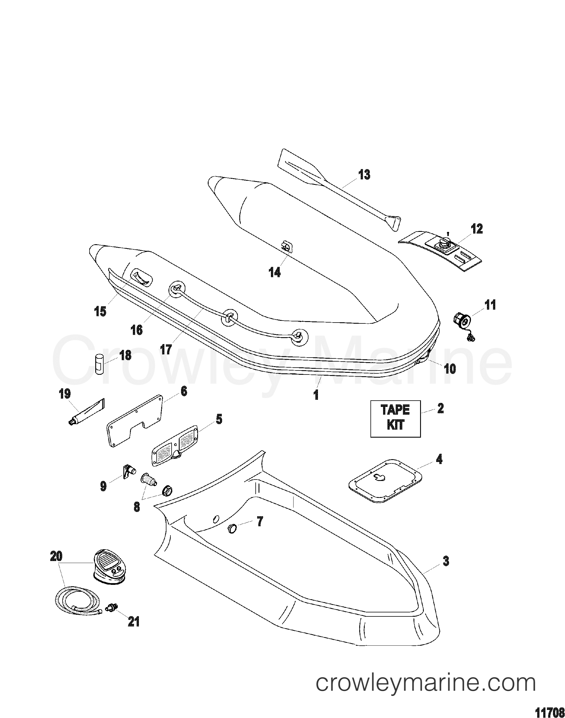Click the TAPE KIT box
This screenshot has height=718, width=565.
(x=395, y=419)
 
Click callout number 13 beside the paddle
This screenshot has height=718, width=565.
(x=364, y=175)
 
